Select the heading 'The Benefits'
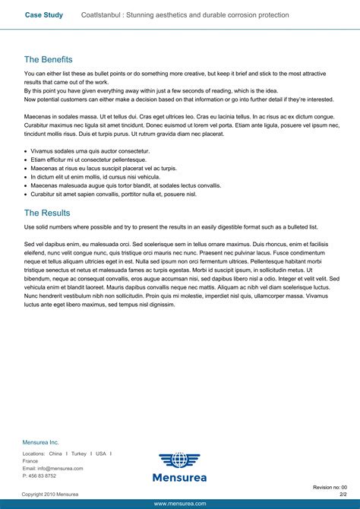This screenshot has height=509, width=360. [48, 59]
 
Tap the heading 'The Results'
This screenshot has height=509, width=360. [47, 213]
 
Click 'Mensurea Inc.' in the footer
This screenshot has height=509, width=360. [40, 442]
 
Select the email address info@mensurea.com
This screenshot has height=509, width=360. [60, 469]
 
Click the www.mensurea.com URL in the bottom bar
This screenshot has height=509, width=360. [180, 504]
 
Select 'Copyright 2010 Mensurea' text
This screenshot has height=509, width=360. [49, 494]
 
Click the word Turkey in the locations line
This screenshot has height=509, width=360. [79, 454]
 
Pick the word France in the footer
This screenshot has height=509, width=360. [30, 461]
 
